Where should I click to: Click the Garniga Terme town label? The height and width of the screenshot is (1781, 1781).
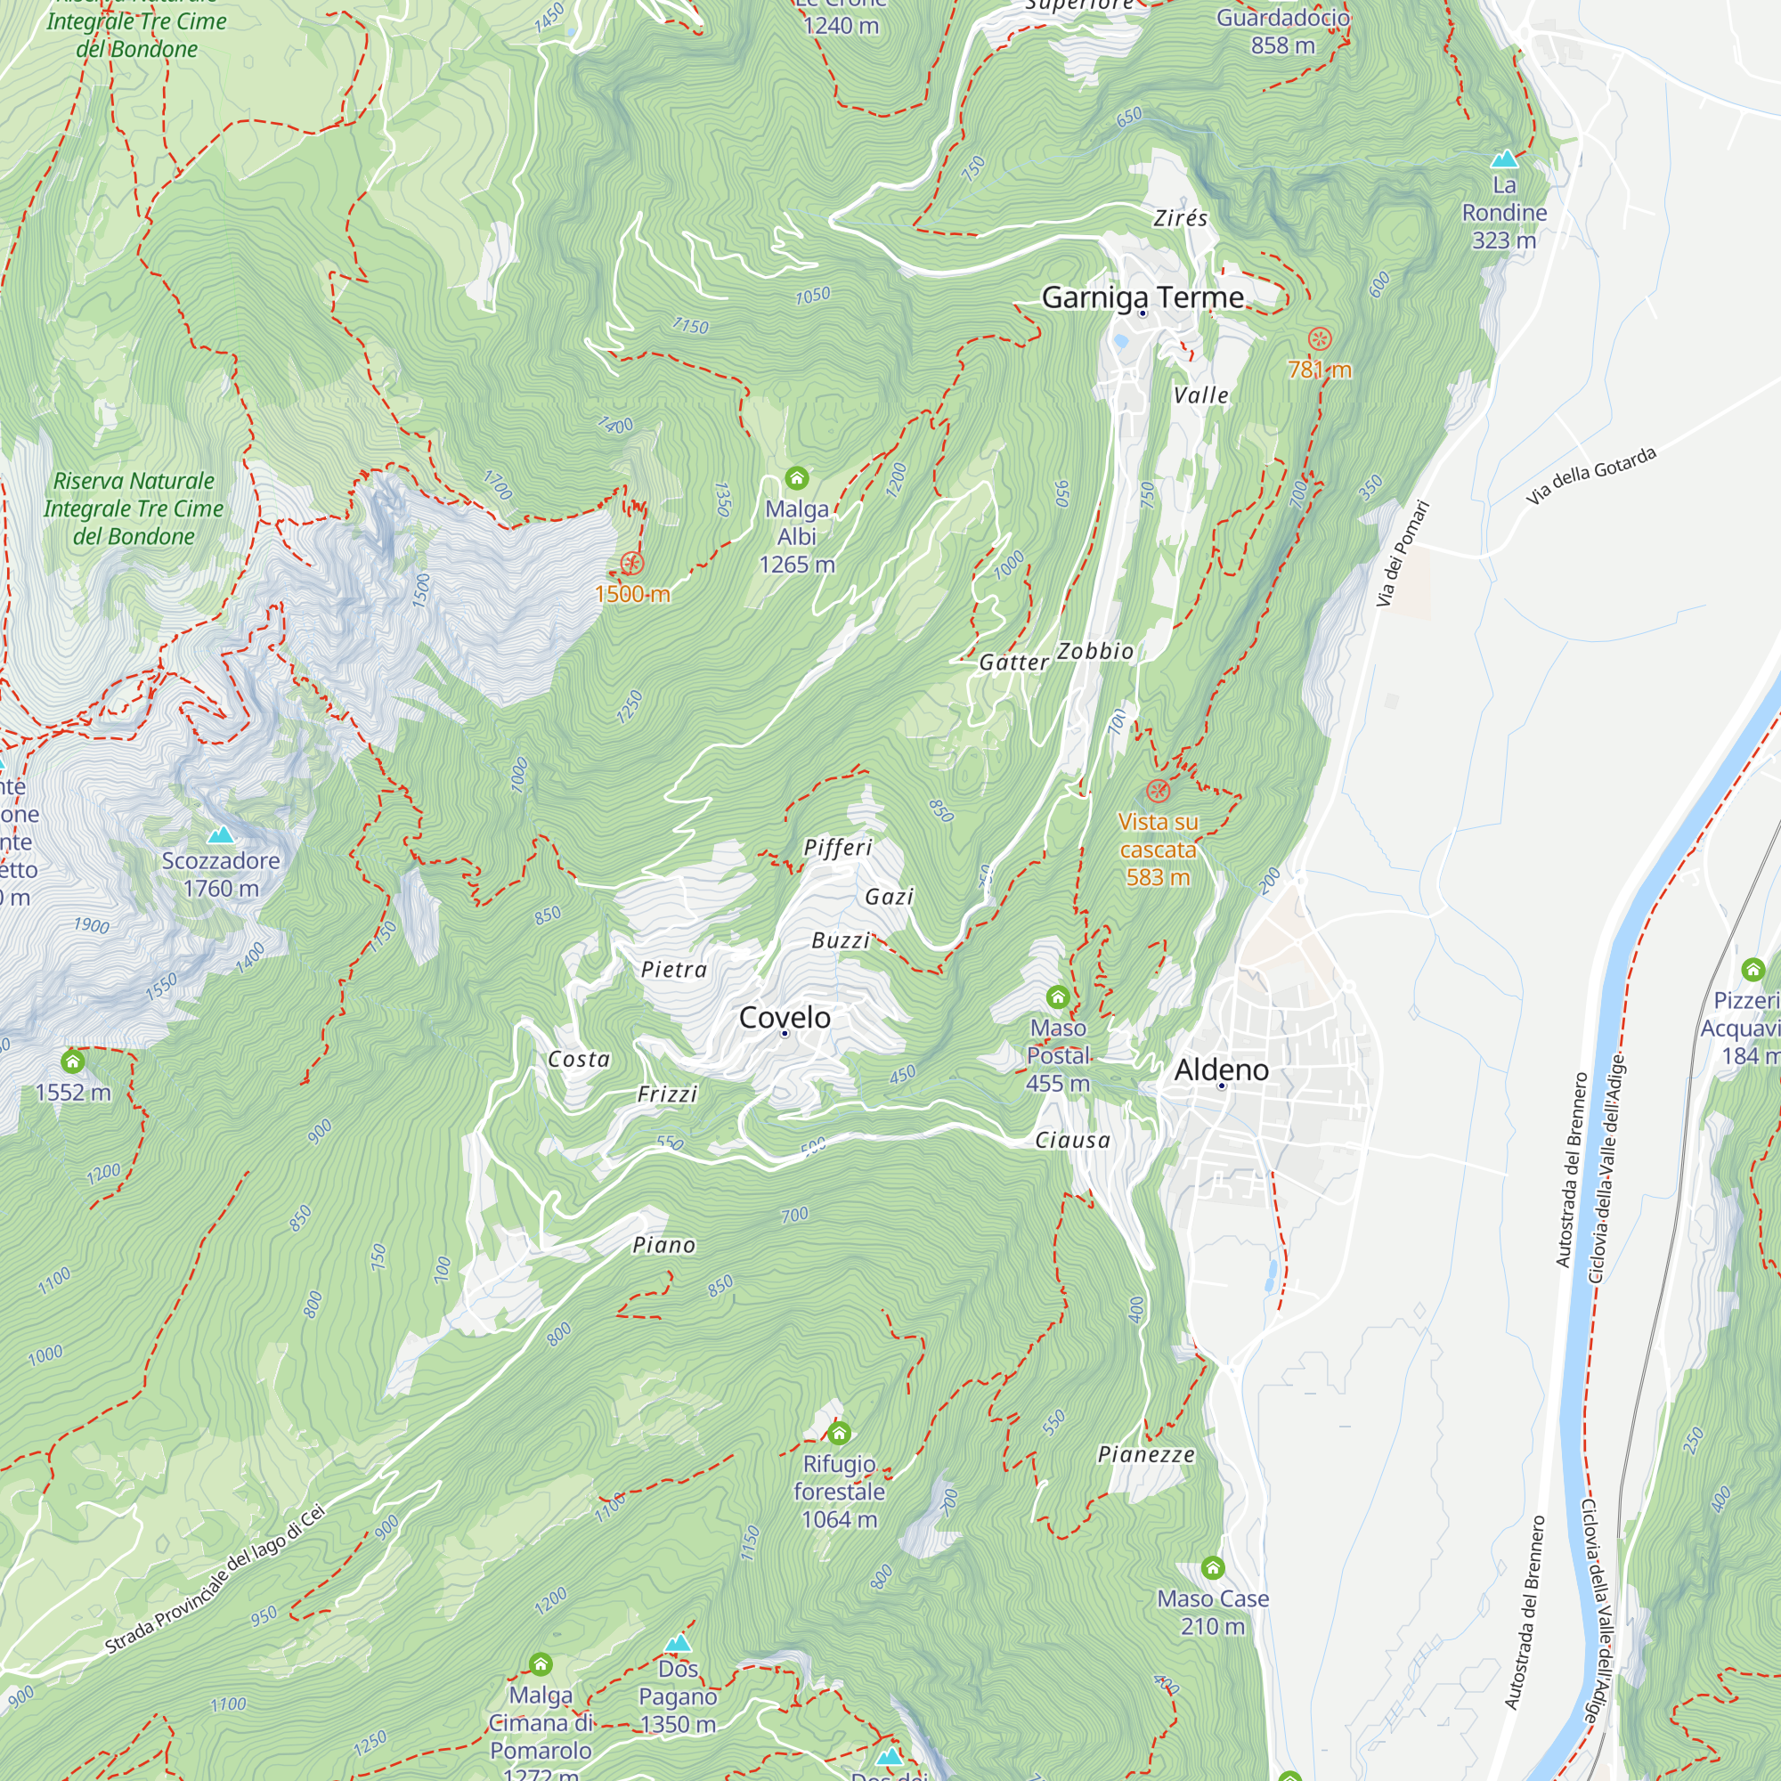(1143, 297)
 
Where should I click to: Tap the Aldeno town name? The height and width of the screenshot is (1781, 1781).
(1221, 1069)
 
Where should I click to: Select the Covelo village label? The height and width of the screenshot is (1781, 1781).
(785, 1017)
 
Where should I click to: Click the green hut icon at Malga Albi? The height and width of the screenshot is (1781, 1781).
(796, 477)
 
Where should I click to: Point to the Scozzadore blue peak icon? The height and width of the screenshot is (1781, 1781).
(219, 835)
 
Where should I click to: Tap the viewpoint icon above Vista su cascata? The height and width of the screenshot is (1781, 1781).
(1158, 790)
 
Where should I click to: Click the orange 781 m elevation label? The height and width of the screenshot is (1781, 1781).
(1319, 370)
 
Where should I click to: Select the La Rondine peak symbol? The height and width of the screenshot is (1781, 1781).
(1503, 159)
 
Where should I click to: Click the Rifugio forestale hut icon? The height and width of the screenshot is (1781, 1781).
(839, 1433)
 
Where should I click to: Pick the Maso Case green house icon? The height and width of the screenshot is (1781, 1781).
(1212, 1567)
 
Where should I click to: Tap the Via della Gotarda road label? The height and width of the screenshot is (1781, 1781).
(1590, 475)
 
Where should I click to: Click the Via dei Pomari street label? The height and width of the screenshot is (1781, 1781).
(1403, 553)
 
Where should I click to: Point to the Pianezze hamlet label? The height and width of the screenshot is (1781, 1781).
(1146, 1455)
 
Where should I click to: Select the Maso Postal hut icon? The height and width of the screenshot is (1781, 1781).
(1057, 996)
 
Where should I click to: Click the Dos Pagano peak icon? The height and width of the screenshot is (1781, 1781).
(678, 1643)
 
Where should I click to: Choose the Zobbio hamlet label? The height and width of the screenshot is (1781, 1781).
(1095, 651)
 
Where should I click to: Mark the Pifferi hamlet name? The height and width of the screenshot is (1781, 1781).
(837, 847)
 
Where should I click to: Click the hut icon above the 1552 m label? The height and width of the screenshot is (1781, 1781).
(72, 1061)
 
